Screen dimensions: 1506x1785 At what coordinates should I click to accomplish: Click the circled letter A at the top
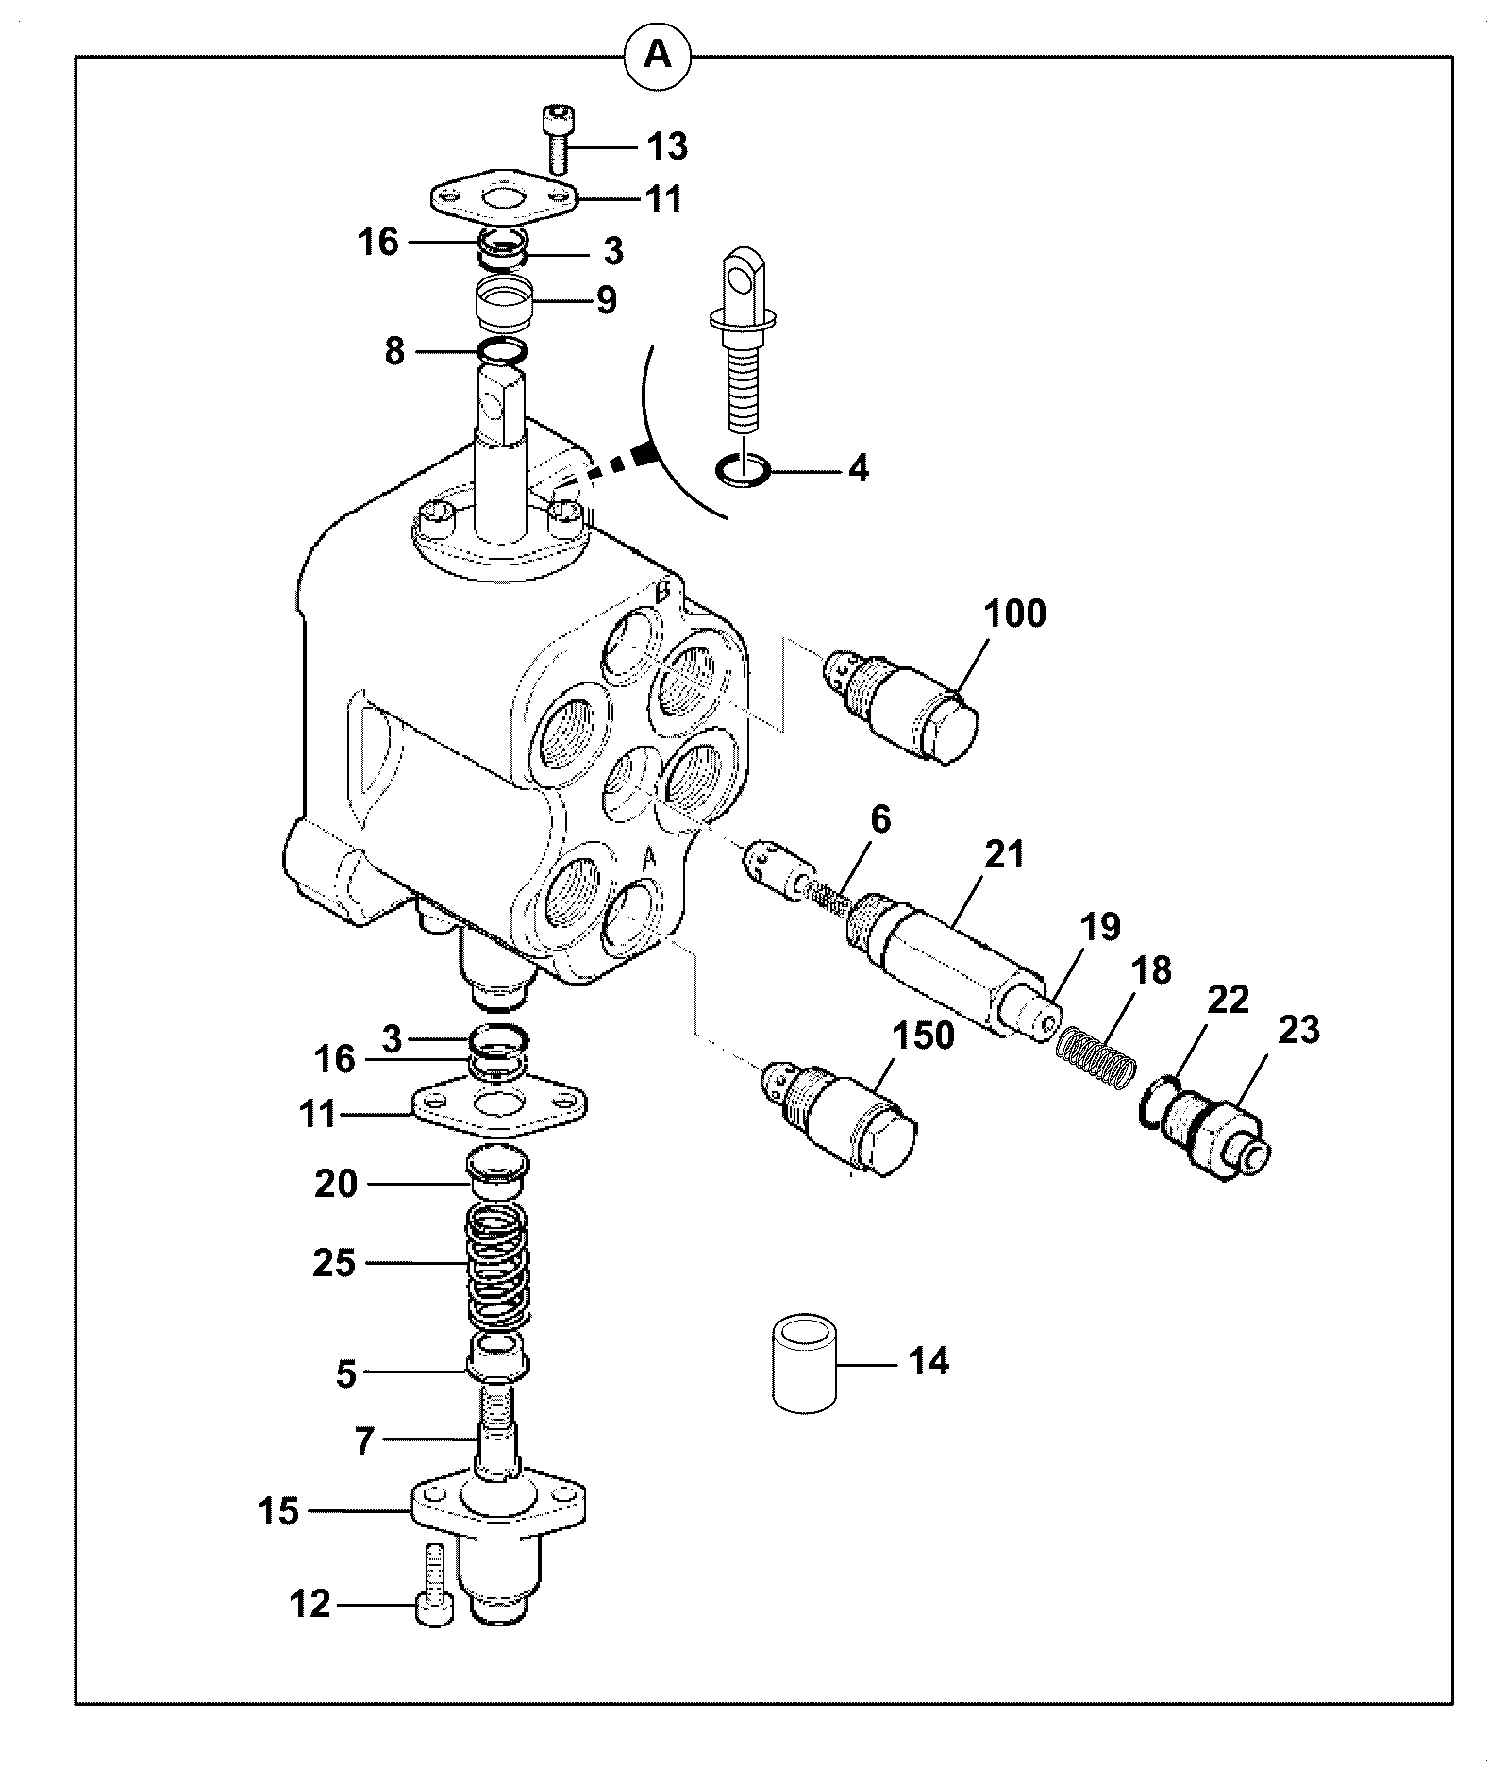658,56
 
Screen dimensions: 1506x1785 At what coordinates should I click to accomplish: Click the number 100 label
1014,614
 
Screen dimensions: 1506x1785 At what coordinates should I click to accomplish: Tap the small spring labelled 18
1096,1058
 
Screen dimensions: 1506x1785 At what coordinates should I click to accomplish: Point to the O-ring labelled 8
501,352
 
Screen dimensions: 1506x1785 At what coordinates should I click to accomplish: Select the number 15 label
278,1511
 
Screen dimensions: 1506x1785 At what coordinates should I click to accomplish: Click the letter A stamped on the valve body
648,859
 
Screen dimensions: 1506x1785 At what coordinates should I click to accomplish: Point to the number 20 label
335,1184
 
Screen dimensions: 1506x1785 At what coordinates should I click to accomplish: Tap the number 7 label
363,1441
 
